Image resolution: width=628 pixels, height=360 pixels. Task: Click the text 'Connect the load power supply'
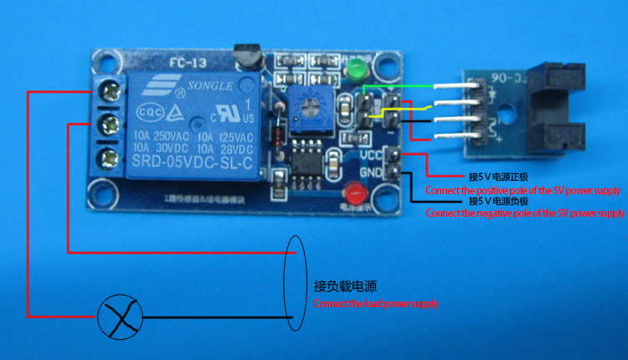click(x=376, y=304)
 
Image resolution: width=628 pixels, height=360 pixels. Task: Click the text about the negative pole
click(x=524, y=213)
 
